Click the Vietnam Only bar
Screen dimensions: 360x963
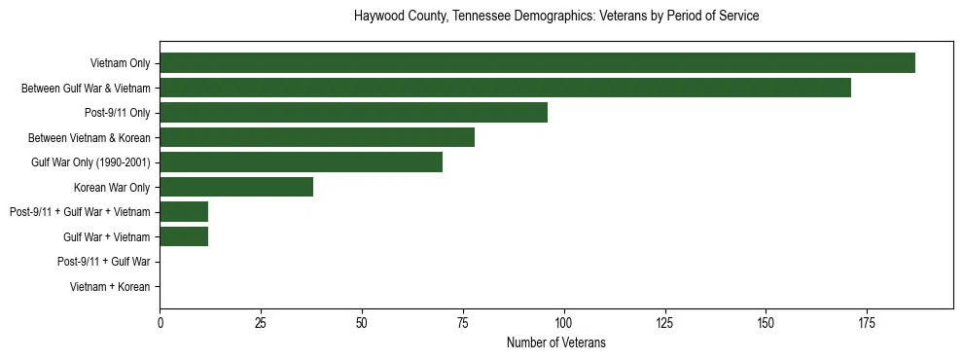(537, 63)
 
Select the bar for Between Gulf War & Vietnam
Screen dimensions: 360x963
(505, 88)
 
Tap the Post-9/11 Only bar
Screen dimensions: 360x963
(353, 113)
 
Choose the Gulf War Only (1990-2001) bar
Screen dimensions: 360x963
(301, 162)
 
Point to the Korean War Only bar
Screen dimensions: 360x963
(236, 187)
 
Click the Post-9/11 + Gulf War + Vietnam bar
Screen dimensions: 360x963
(184, 212)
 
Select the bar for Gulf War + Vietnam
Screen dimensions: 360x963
(184, 236)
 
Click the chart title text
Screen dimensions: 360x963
(556, 17)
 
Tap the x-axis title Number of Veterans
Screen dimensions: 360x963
(556, 342)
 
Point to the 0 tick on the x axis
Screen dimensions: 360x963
(160, 321)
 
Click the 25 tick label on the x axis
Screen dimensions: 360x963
(261, 321)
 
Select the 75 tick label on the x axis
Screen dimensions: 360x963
(462, 321)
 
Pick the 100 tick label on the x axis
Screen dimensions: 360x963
(563, 321)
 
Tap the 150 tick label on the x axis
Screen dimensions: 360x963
(766, 321)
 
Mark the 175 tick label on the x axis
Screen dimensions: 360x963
(867, 321)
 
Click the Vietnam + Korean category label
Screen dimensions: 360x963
(110, 287)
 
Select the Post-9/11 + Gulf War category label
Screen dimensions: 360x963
(103, 262)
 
